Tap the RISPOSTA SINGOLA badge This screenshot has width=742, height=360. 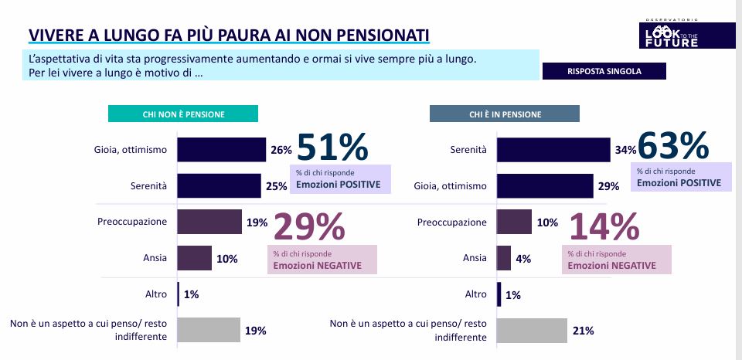(604, 71)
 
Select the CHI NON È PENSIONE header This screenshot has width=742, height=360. (183, 114)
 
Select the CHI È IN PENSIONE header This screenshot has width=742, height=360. (504, 114)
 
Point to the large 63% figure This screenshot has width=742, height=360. (673, 145)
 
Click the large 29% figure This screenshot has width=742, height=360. (309, 227)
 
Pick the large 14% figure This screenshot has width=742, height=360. (604, 227)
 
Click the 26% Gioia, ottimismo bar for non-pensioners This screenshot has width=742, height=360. (221, 150)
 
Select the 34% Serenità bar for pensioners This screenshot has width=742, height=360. (553, 150)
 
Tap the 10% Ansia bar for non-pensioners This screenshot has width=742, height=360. (194, 258)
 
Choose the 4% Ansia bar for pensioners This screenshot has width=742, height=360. (503, 258)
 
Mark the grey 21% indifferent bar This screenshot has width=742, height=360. (531, 331)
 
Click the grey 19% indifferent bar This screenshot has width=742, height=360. (209, 331)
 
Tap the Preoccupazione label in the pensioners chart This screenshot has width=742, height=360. (452, 222)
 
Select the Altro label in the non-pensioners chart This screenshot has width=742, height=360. (155, 294)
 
